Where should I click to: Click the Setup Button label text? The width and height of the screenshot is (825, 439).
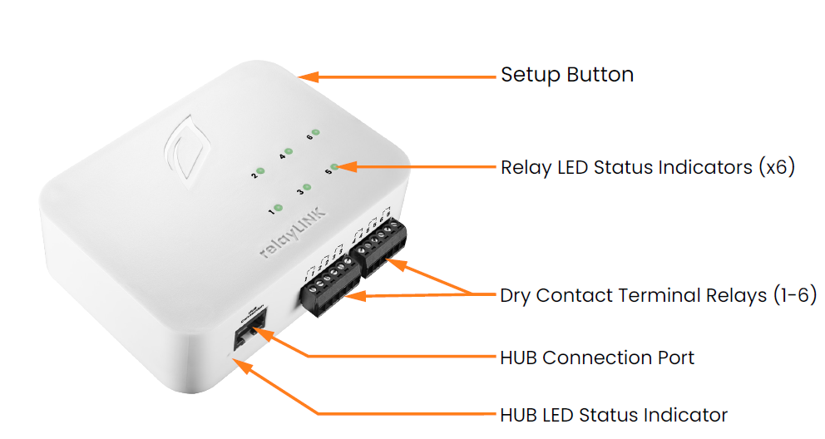pyautogui.click(x=566, y=75)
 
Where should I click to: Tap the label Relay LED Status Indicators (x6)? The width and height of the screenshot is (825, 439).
pyautogui.click(x=648, y=167)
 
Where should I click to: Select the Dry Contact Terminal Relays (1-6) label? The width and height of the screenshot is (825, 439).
pyautogui.click(x=658, y=295)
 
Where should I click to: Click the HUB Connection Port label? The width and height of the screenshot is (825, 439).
pyautogui.click(x=597, y=358)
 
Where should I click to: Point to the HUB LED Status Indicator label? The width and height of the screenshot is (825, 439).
pyautogui.click(x=614, y=415)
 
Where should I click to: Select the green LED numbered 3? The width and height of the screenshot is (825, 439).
pyautogui.click(x=307, y=189)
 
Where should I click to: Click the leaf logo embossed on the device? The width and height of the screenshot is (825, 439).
pyautogui.click(x=184, y=148)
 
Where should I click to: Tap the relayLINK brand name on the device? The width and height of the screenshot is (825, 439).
pyautogui.click(x=294, y=237)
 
